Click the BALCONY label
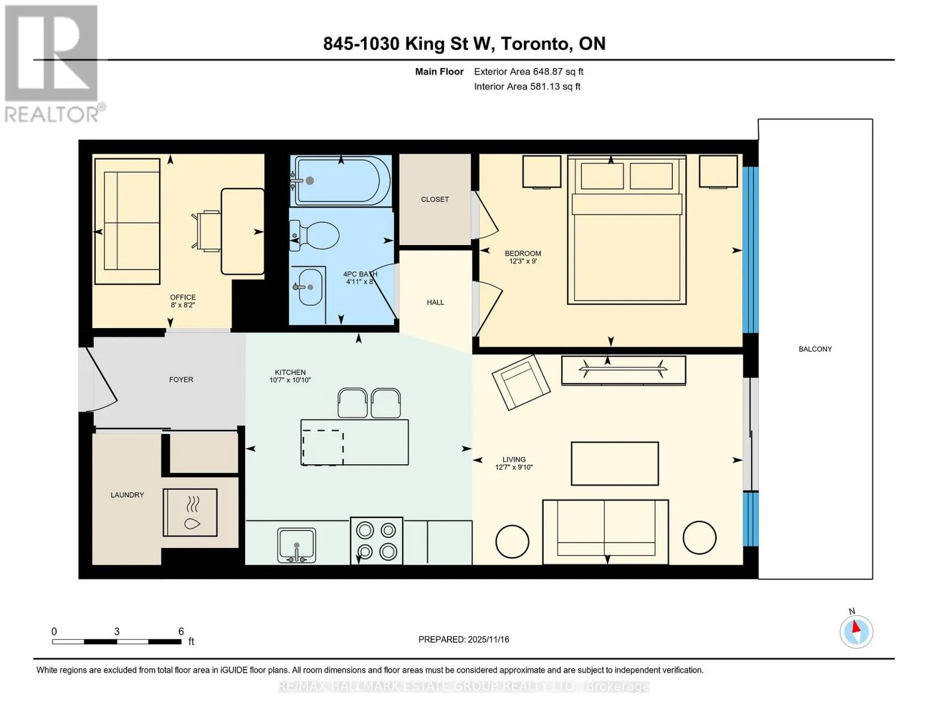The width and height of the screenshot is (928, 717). coord(815,349)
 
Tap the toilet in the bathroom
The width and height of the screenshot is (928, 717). coord(314,235)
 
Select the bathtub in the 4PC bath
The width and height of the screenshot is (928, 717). coord(342,180)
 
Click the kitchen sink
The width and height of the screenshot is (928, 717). coord(296,546)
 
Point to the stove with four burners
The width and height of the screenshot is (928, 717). coord(376,541)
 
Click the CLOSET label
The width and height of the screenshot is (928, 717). coord(435,200)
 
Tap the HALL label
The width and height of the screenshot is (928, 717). coord(435,302)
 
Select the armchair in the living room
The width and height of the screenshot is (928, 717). coord(521,382)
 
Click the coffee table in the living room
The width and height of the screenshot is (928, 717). coord(614,464)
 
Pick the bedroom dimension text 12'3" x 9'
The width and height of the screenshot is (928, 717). coord(523,261)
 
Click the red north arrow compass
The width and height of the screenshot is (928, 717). coord(856,632)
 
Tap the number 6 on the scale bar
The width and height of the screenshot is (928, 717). coord(181,631)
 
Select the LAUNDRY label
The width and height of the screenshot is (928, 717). coord(127,495)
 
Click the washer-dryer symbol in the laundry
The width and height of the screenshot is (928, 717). coord(190,513)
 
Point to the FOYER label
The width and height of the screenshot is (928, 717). coord(181,379)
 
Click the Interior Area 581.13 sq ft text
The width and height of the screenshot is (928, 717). coord(527,87)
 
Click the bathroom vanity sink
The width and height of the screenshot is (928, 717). coord(307,287)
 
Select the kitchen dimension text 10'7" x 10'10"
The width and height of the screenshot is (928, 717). coord(290,380)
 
